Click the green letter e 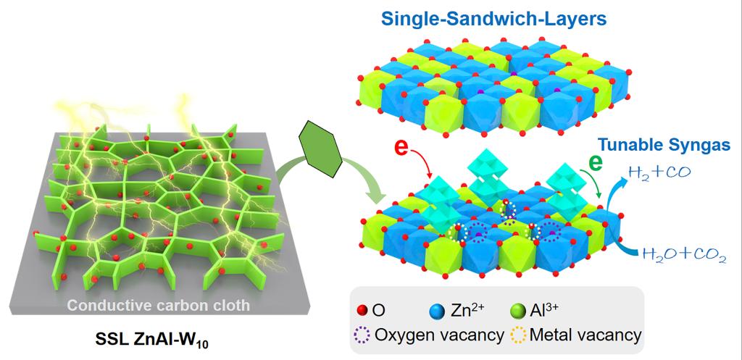(x=596, y=162)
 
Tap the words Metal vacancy (x=585, y=335)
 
